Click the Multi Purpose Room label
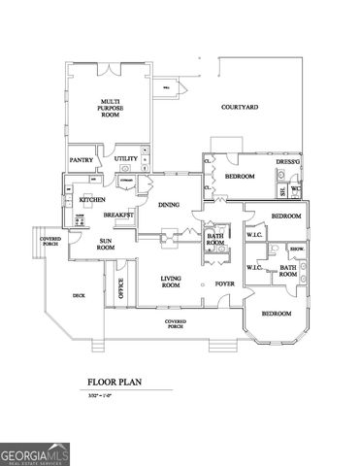coord(111,108)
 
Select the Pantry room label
coord(81,158)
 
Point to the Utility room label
coord(125,158)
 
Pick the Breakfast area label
coord(118,215)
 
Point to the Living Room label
coord(171,283)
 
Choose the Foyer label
coord(225,283)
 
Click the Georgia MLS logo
coord(34,452)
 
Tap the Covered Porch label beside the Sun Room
coord(49,241)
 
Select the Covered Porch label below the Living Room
coord(176,324)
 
